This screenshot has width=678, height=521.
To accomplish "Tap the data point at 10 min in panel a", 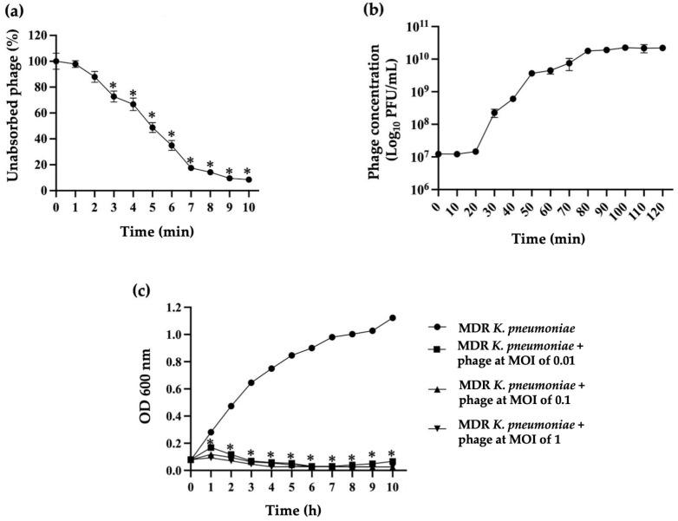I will (248, 179).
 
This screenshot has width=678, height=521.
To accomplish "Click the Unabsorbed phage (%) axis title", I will (13, 113).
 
